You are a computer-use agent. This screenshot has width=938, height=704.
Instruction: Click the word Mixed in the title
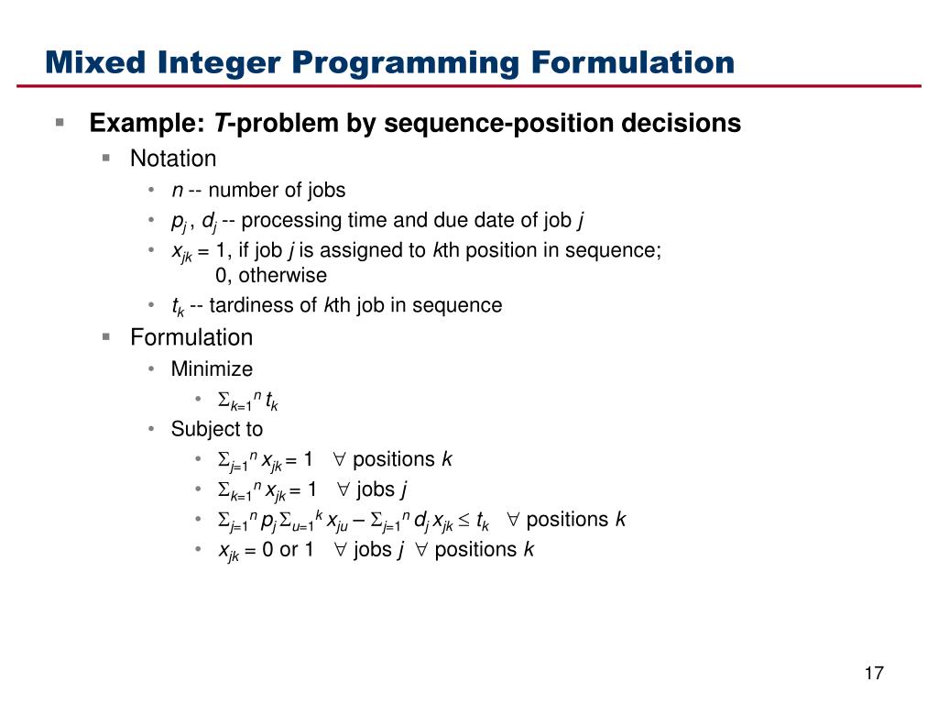(x=99, y=62)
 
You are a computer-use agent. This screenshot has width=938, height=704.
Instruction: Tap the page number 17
(x=873, y=674)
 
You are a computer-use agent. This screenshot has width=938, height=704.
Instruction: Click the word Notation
(x=173, y=159)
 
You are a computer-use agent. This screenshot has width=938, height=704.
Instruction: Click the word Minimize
(x=212, y=368)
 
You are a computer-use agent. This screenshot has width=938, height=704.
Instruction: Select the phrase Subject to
(x=216, y=429)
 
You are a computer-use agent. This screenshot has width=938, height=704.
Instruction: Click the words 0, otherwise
(x=270, y=275)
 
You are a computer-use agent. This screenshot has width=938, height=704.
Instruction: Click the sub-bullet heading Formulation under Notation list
(x=191, y=337)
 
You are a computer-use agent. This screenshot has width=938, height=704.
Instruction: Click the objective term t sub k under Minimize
(x=271, y=400)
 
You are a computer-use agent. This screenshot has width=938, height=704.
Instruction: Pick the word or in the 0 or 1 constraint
(x=289, y=550)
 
